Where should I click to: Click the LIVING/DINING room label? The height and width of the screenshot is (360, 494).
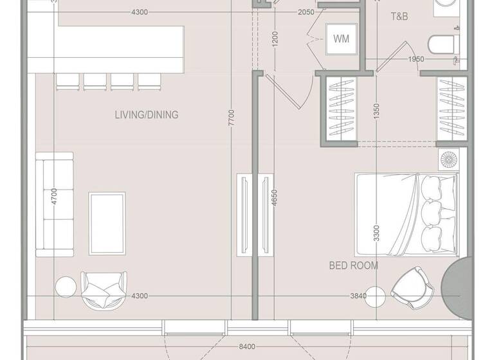coord(146,115)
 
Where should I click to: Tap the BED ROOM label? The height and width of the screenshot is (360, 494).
coord(353,265)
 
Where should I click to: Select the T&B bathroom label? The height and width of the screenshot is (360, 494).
coord(399,17)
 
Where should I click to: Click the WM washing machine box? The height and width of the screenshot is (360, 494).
coord(341,39)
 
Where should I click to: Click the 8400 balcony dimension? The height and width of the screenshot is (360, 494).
coord(246,347)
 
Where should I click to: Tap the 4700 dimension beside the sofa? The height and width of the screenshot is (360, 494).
coord(55,196)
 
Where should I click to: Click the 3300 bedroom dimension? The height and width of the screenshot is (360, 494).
coord(376,235)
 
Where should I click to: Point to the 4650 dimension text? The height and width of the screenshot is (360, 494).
coord(275,197)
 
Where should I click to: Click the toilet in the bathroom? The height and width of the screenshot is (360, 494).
coord(444,44)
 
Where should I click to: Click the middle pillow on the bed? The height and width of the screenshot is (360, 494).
coord(433,210)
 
